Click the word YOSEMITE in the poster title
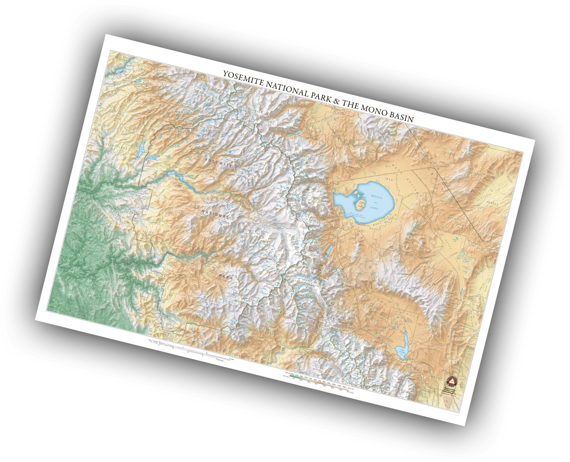243,79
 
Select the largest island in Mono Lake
360,203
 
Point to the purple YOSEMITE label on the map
219,162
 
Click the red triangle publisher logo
451,380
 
